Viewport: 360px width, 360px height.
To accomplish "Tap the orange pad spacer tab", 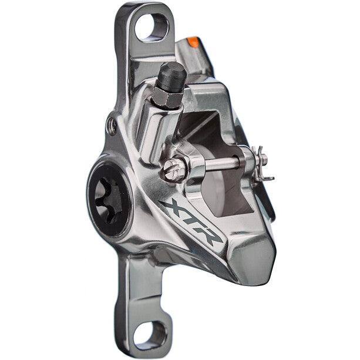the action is [193, 42].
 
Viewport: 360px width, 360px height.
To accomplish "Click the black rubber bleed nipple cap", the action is [173, 76].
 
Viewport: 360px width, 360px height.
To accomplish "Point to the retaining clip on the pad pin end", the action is [262, 163].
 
